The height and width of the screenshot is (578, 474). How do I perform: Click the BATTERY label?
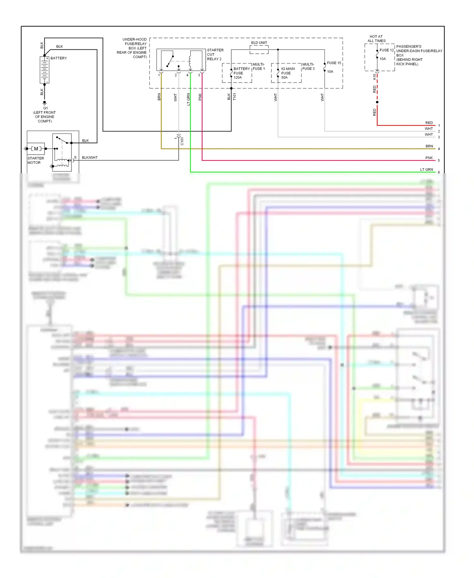coord(58,58)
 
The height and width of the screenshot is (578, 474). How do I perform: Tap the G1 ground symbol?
coord(45,103)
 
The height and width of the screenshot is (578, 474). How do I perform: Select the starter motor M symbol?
coord(36,149)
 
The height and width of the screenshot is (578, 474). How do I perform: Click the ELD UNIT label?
coord(259,43)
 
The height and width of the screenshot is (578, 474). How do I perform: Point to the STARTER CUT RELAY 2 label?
coord(215,54)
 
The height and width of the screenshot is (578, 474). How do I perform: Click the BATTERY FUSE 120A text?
coord(241,73)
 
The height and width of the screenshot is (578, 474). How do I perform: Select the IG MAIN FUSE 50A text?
coord(288,73)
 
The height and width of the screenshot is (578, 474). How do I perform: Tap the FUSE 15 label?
coord(334,63)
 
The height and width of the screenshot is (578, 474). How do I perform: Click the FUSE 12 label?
coord(386,50)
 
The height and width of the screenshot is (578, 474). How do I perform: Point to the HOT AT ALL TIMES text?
coord(376,39)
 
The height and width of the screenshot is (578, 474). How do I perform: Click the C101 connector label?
coord(182,141)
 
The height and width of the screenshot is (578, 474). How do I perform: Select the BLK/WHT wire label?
coord(90,157)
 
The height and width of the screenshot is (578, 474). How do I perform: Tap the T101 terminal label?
coord(234,96)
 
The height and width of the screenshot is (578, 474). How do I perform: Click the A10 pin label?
coord(374,77)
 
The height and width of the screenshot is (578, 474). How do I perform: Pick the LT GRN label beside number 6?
coord(426,169)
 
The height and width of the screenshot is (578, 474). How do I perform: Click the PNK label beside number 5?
coord(429,158)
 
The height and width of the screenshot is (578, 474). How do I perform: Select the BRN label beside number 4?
coord(429,146)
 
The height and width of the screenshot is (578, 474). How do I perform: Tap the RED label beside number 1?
coord(429,123)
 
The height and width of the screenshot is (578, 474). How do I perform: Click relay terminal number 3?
coord(199,75)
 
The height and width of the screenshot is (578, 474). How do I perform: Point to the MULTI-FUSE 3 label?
coord(308,66)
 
